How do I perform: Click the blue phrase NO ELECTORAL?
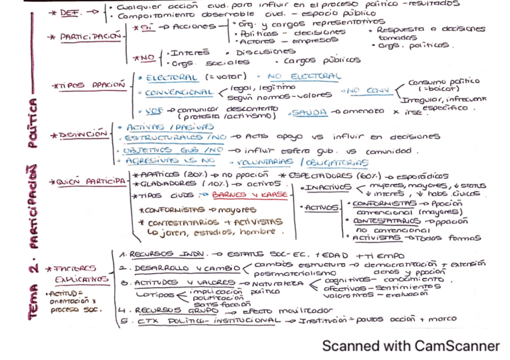304,77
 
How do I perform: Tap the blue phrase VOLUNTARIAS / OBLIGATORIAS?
312,162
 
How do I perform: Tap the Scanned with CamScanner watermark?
411,346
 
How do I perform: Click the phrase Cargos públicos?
322,60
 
